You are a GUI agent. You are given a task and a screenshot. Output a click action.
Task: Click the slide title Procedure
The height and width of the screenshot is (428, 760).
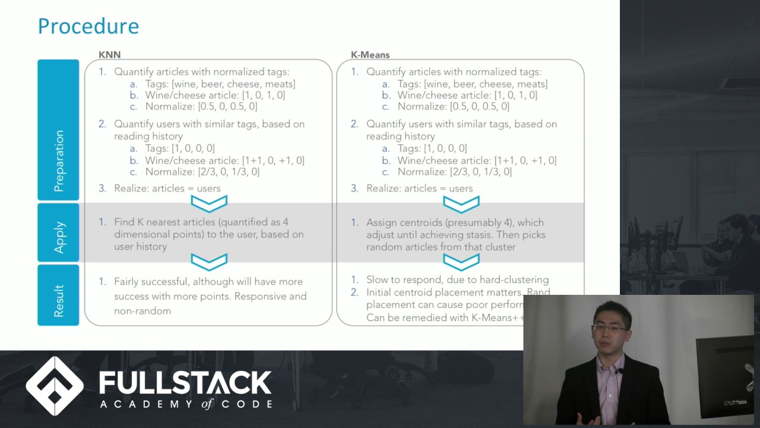[x=88, y=26]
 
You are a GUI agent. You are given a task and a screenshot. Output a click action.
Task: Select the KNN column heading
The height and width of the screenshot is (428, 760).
[x=109, y=55]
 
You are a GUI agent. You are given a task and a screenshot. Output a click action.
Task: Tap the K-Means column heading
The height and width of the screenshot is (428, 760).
[x=370, y=55]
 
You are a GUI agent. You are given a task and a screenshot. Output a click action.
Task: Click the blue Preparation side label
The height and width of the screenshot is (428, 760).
[x=58, y=160]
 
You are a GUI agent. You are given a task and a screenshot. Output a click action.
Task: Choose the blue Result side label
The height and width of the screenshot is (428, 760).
[x=58, y=300]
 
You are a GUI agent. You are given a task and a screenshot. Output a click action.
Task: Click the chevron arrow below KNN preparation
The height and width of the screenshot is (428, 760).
[x=209, y=204]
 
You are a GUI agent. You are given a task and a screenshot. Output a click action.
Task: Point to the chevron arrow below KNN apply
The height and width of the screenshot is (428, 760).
[x=209, y=262]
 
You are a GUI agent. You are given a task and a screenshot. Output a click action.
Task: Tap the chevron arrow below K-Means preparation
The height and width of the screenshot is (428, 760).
[x=461, y=204]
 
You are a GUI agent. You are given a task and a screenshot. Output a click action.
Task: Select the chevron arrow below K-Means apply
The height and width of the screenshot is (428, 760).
[x=461, y=262]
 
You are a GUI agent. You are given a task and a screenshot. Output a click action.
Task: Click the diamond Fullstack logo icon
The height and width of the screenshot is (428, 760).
[x=55, y=386]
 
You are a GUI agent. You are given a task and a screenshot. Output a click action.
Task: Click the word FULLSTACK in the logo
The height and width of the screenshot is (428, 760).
[x=185, y=382]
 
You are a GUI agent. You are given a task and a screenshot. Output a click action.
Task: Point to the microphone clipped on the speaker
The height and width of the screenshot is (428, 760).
[x=620, y=371]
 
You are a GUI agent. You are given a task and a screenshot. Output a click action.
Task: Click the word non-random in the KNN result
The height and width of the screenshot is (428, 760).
[x=142, y=311]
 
